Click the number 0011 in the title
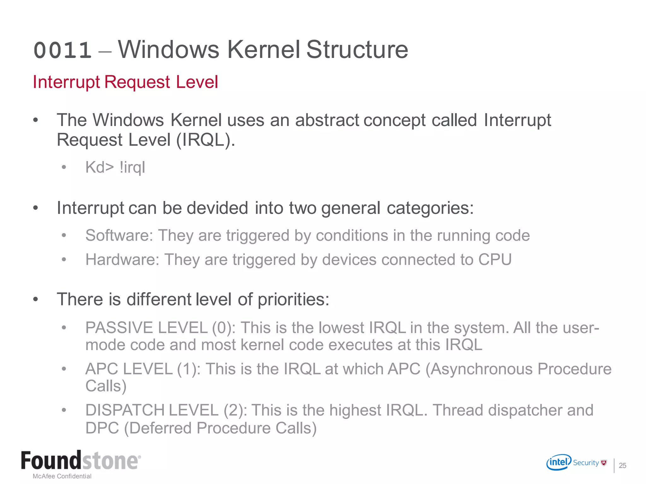(62, 50)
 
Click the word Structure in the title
(357, 50)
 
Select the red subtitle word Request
(137, 82)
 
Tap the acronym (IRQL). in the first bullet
(205, 140)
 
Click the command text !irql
(132, 167)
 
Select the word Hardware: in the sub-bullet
(122, 260)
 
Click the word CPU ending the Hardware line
(495, 260)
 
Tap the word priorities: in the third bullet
(293, 299)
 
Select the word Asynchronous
(481, 369)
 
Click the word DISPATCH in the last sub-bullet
(125, 411)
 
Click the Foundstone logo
(81, 461)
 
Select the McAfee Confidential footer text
(62, 476)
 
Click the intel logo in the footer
(559, 462)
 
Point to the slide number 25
(622, 465)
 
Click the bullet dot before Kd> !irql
(64, 167)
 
